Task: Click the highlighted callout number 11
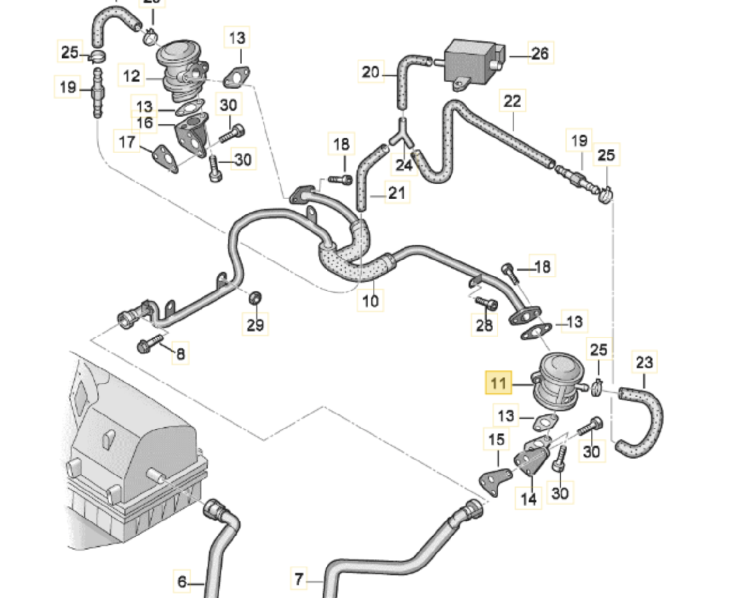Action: pos(498,383)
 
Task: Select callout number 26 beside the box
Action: pos(540,54)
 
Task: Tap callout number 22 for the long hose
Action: pos(512,101)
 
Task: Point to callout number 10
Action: pos(371,300)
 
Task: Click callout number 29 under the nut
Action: pos(256,324)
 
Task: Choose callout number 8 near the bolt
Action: pos(181,354)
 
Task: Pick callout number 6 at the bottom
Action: pos(182,582)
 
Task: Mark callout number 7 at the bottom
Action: pos(299,579)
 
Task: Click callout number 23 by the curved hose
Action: pos(644,362)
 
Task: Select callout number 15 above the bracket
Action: pos(496,439)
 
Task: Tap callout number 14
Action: pos(529,499)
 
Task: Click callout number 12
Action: pos(132,76)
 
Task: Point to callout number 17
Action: pos(127,142)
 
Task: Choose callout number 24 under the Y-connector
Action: pos(404,165)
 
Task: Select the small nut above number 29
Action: pos(254,299)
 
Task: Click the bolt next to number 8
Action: pos(146,345)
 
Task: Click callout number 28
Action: pos(484,324)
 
